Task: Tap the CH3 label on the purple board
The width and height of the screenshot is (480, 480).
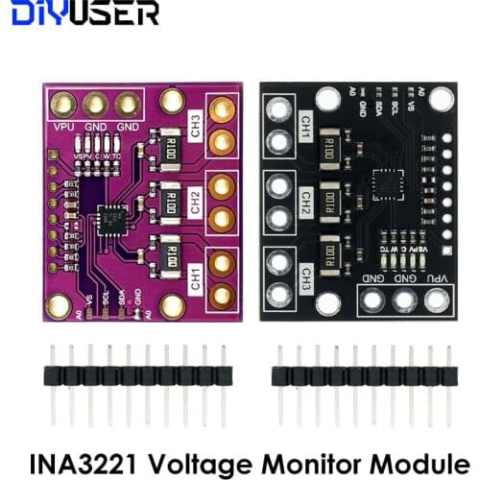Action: [195, 129]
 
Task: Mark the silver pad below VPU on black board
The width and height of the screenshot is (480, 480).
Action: [436, 300]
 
